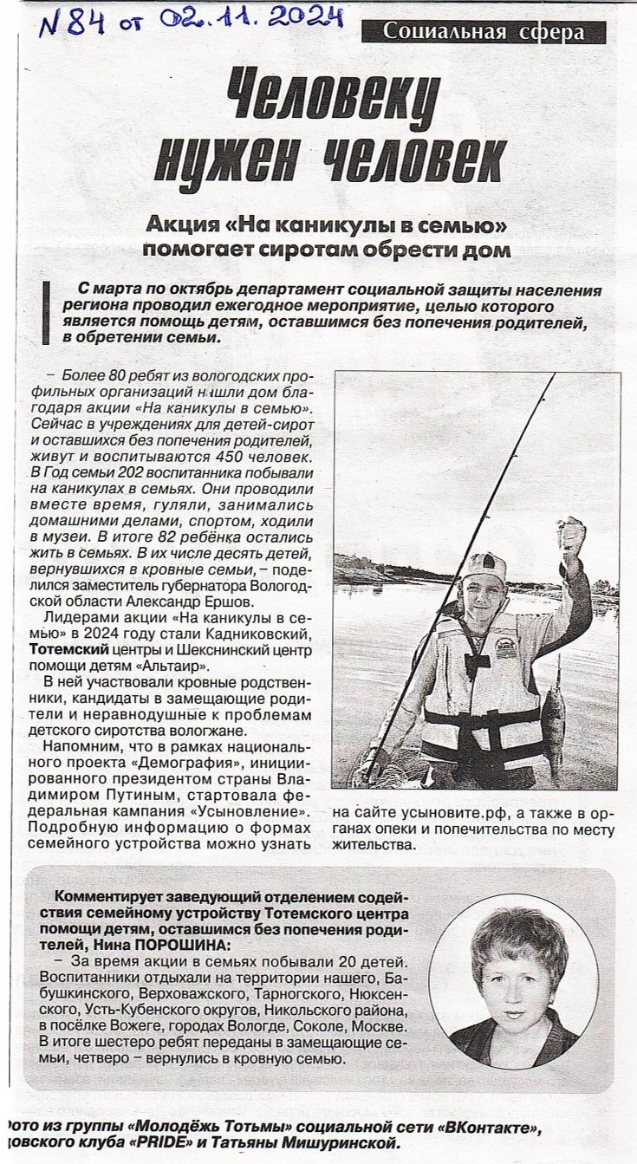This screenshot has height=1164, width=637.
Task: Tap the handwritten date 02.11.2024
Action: coord(250,16)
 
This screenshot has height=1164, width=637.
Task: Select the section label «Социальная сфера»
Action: coord(484,33)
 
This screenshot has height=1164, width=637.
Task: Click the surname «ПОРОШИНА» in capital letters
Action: coord(178,945)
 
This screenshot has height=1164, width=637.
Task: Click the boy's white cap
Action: coord(484,566)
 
